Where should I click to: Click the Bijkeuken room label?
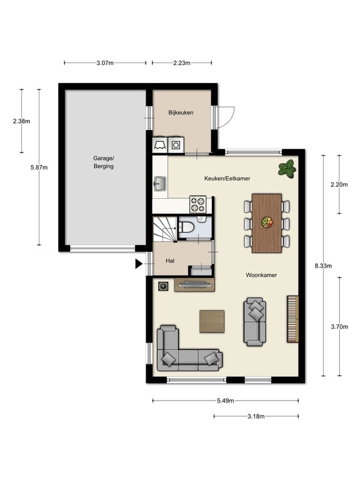pos(181,112)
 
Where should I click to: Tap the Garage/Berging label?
pos(104,162)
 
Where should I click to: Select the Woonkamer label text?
pos(261,275)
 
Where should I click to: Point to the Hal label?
pos(170,261)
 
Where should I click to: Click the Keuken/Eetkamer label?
pos(227,178)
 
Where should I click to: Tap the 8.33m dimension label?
pos(323,266)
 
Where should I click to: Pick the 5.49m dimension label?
pos(226,401)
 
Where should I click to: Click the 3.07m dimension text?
pos(105,63)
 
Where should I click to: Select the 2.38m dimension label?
pos(21,121)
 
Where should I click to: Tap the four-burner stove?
pos(197,204)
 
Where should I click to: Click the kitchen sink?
pos(159,184)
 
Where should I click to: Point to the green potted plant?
pos(287,168)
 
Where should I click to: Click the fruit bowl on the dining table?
pos(267,222)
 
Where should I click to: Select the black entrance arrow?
pos(139,264)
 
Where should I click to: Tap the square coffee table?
pos(212,321)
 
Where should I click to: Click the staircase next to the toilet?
pos(165,228)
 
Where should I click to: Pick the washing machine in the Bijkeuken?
pos(176,144)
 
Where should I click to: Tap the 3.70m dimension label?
pos(339,327)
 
